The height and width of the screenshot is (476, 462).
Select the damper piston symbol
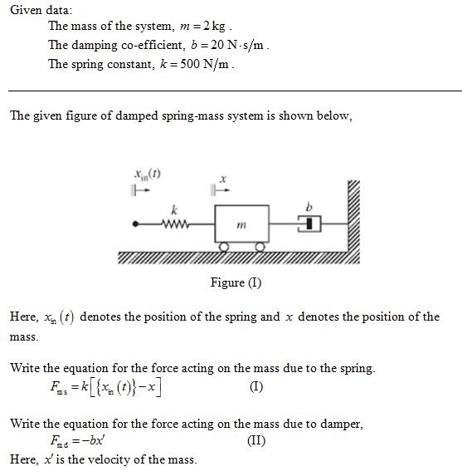click(x=305, y=223)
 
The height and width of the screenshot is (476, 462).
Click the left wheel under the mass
click(x=224, y=247)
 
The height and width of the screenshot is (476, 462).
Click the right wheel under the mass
click(x=260, y=247)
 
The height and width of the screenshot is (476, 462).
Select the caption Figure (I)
click(x=236, y=282)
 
